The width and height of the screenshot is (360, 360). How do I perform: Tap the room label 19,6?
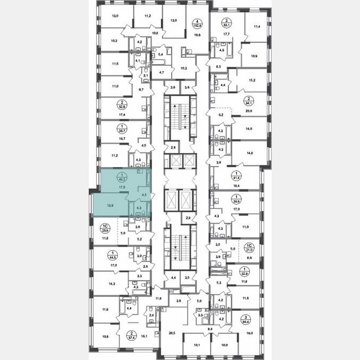point(197,35)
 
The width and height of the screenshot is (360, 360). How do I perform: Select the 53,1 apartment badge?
point(227,22)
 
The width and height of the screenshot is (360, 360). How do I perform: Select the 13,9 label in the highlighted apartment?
point(110,205)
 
